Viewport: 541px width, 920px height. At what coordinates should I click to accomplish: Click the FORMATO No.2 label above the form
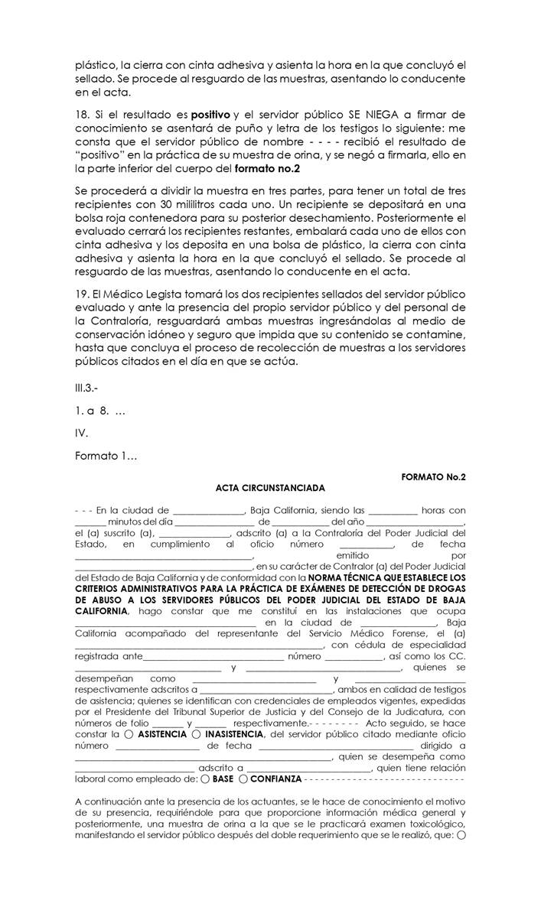pyautogui.click(x=433, y=476)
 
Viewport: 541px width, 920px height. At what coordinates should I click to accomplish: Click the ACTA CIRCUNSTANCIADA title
pyautogui.click(x=270, y=488)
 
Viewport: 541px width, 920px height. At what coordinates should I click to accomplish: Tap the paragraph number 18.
pyautogui.click(x=81, y=114)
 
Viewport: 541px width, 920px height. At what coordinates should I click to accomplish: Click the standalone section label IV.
pyautogui.click(x=81, y=433)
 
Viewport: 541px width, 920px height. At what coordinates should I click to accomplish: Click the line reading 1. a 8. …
pyautogui.click(x=100, y=411)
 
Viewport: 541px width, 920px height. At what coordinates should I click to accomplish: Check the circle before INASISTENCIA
pyautogui.click(x=198, y=733)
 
